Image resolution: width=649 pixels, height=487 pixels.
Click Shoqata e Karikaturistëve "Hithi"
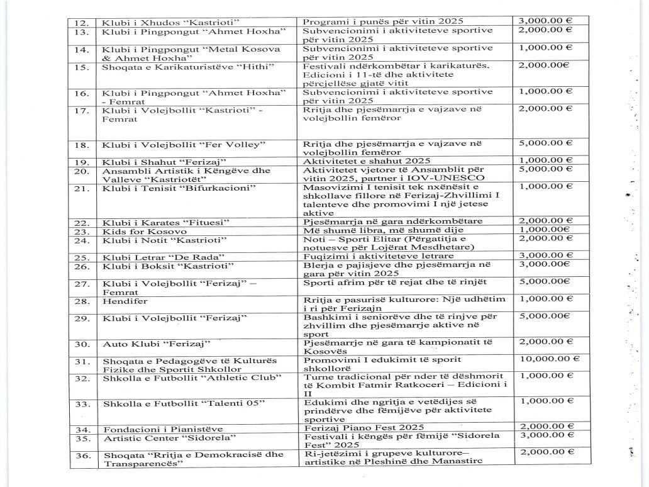(x=179, y=67)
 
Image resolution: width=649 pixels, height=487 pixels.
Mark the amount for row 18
(x=545, y=143)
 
